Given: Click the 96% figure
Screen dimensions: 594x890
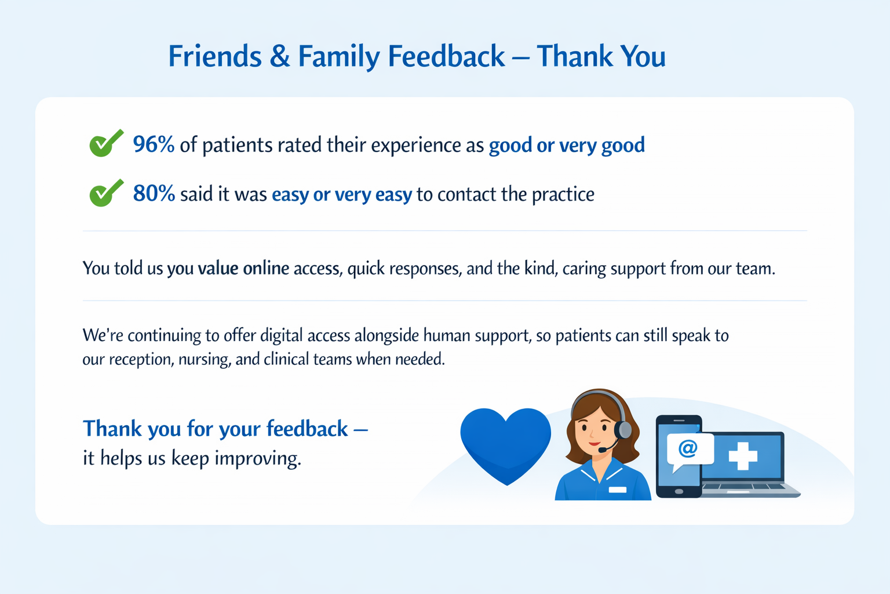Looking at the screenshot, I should pyautogui.click(x=154, y=144).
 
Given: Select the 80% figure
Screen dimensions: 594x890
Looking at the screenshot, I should pyautogui.click(x=154, y=193).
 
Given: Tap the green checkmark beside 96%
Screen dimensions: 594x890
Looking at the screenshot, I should pyautogui.click(x=106, y=143).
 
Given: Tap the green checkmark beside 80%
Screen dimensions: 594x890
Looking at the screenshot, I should pyautogui.click(x=106, y=193).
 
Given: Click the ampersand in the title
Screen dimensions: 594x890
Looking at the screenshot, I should pyautogui.click(x=280, y=57).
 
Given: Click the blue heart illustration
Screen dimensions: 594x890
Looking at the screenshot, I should pyautogui.click(x=505, y=444).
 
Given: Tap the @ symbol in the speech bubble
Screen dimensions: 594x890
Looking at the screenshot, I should pyautogui.click(x=688, y=448).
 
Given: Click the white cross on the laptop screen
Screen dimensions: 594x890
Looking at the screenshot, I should pyautogui.click(x=743, y=455).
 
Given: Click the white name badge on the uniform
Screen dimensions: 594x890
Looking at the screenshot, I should pyautogui.click(x=618, y=490).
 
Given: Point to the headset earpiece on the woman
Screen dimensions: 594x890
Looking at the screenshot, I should pyautogui.click(x=624, y=430).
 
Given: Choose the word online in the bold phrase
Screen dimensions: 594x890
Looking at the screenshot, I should pyautogui.click(x=266, y=268).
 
